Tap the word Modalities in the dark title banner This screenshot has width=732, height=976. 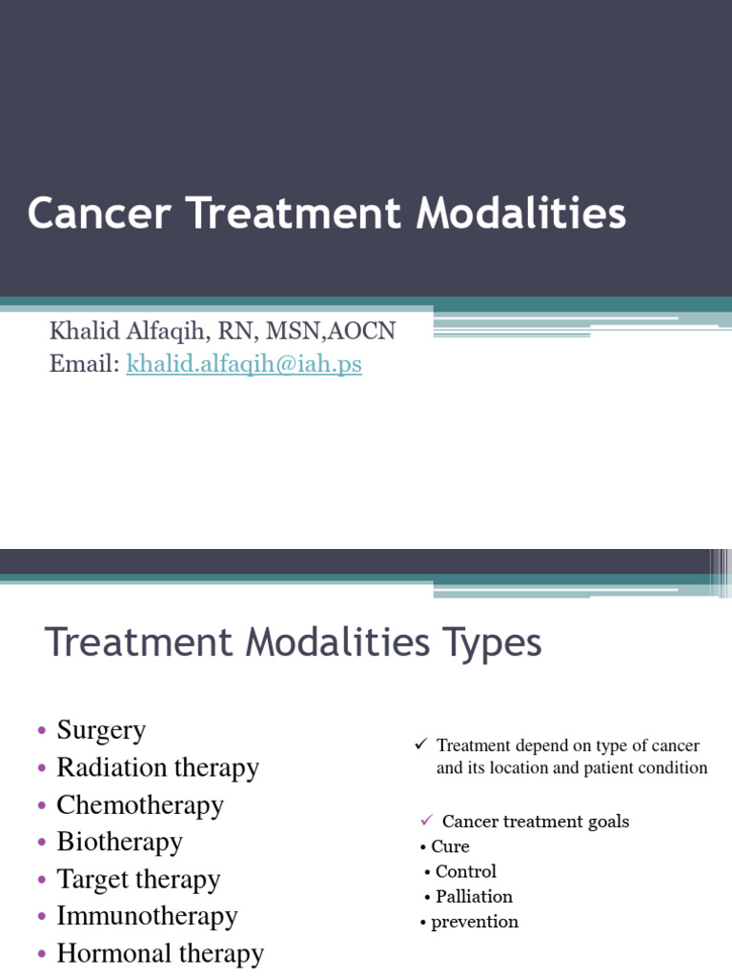(520, 213)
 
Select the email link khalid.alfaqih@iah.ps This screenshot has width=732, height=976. (244, 363)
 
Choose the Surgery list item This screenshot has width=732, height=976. (101, 731)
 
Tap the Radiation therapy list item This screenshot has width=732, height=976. (157, 768)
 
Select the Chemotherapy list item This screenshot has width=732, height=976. (140, 805)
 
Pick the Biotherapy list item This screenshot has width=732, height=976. (119, 843)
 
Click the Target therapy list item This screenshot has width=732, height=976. (138, 880)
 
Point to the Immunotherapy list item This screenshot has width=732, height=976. (147, 917)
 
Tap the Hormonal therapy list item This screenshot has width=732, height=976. (160, 954)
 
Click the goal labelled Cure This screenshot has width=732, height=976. (450, 846)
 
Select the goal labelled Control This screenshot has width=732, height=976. (465, 871)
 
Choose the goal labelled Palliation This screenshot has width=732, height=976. (474, 897)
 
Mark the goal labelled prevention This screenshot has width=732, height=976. (475, 922)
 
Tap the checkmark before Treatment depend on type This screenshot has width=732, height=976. (420, 743)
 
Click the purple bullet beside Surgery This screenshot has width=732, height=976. (42, 732)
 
